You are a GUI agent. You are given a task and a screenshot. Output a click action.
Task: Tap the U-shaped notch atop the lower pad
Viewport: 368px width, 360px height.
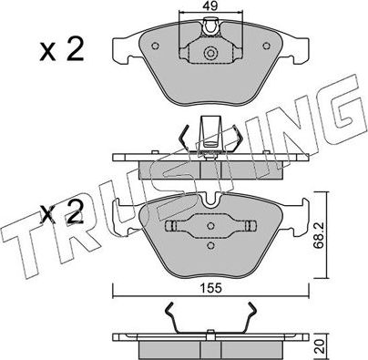click(211, 198)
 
